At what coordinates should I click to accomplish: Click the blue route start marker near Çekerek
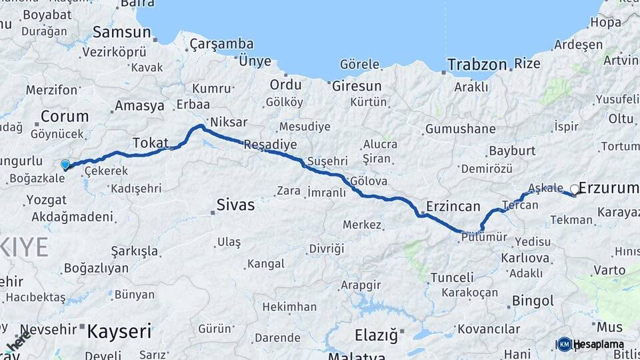tap(65, 164)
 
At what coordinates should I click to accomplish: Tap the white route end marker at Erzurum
tap(575, 189)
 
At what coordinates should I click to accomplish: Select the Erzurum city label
tap(609, 189)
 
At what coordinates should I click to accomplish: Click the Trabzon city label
tap(477, 65)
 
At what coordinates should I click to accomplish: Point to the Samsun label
tap(121, 31)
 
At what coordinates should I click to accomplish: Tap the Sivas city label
tap(235, 205)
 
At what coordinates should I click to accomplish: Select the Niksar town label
tap(228, 122)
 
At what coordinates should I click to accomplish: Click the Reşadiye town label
tap(271, 145)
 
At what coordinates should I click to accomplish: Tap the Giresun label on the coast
tap(357, 86)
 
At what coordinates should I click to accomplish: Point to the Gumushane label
tap(460, 129)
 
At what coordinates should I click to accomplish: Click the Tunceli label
tap(452, 277)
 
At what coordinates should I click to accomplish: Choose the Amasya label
tap(139, 105)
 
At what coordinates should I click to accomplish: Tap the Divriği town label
tap(327, 249)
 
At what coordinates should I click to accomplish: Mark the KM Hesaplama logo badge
tap(565, 344)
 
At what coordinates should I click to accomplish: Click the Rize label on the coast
tap(527, 64)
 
